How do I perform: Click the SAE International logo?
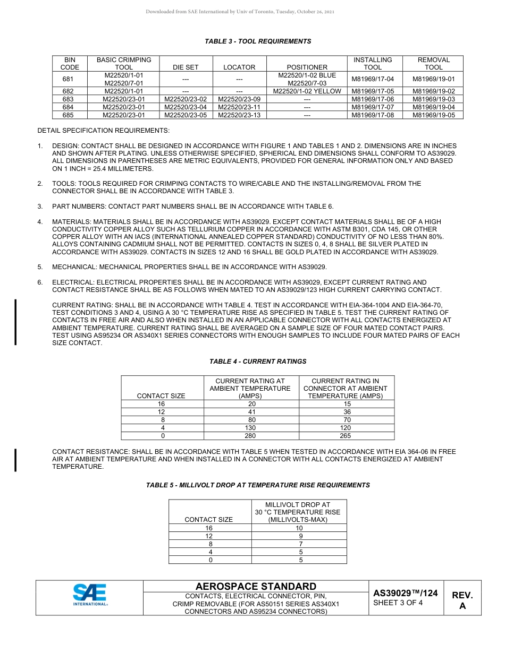[90, 594]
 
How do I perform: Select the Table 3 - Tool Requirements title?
[258, 41]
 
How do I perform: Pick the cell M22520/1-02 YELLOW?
[307, 91]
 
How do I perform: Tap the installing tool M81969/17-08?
[373, 115]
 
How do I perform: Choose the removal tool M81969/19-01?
[433, 80]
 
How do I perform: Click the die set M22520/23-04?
[186, 107]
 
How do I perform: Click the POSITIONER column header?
[307, 67]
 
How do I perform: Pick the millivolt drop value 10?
[299, 528]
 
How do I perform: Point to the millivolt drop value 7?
[300, 544]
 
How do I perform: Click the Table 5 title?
[258, 485]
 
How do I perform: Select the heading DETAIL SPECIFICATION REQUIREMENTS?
[104, 131]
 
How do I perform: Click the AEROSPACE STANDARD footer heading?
[256, 587]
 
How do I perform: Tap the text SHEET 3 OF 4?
[398, 603]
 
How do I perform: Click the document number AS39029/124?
[405, 593]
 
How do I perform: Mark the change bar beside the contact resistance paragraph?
[15, 460]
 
